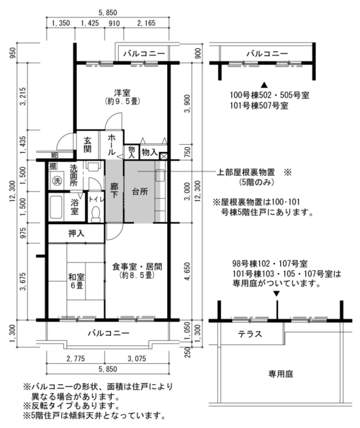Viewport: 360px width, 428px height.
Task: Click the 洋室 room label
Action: (122, 93)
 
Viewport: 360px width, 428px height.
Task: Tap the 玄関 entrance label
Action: (88, 145)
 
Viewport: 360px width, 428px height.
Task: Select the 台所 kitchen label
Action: (140, 192)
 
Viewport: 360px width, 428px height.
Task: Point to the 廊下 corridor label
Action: (114, 190)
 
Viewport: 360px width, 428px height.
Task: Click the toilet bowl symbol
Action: (96, 214)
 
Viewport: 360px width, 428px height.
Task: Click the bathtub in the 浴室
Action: (56, 208)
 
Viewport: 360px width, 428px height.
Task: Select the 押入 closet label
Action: (76, 233)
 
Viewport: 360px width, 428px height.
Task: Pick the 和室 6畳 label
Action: (76, 282)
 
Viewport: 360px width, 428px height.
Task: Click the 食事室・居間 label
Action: (138, 267)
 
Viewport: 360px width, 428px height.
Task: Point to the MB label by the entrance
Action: (55, 156)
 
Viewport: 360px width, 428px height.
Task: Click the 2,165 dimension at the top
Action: (146, 23)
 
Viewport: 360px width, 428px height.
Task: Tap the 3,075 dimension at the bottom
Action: (137, 358)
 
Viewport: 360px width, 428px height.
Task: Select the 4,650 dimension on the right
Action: (187, 272)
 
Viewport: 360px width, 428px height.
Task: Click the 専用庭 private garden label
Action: (281, 374)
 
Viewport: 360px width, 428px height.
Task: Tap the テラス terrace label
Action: (250, 334)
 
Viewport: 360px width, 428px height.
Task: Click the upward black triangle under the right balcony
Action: (264, 84)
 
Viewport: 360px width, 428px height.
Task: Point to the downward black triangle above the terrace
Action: (276, 294)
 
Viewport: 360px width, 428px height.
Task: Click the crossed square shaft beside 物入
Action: (163, 156)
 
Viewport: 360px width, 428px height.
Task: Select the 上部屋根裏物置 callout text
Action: (246, 172)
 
